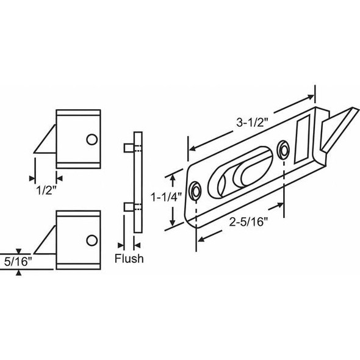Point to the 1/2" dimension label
tap(44, 189)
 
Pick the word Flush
tap(129, 259)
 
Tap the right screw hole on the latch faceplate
tap(284, 150)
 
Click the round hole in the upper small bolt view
tap(92, 140)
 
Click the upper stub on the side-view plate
tap(127, 148)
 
